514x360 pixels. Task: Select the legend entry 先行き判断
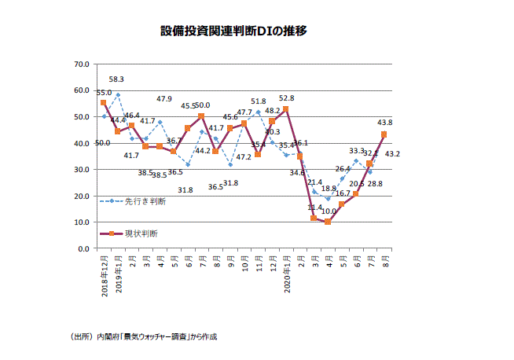(x=145, y=200)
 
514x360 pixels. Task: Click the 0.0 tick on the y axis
(x=83, y=248)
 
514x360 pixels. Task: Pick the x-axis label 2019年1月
(x=118, y=274)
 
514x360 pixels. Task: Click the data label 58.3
(x=116, y=79)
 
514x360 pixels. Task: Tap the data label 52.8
(x=287, y=99)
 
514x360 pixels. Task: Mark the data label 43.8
(x=384, y=123)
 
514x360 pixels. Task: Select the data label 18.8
(x=329, y=189)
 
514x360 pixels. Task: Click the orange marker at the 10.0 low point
(x=328, y=222)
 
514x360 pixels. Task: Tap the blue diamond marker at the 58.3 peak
(x=117, y=95)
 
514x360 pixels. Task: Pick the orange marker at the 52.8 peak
(x=285, y=109)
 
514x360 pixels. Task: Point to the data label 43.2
(x=393, y=153)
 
